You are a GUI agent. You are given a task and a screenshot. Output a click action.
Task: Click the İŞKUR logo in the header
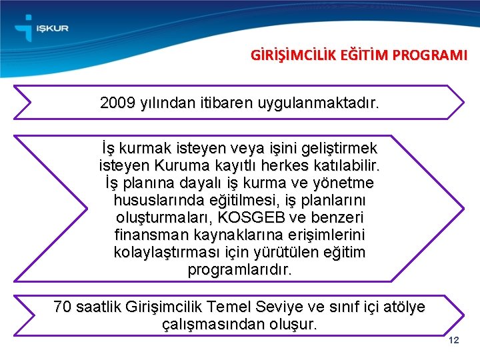coord(41,28)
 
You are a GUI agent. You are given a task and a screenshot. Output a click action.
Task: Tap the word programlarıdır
coord(240,271)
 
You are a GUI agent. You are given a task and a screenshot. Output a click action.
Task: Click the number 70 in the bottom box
coord(63,307)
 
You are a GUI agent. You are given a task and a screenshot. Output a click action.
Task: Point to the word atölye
coord(401,307)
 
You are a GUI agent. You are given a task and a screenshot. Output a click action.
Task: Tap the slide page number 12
coord(455,341)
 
